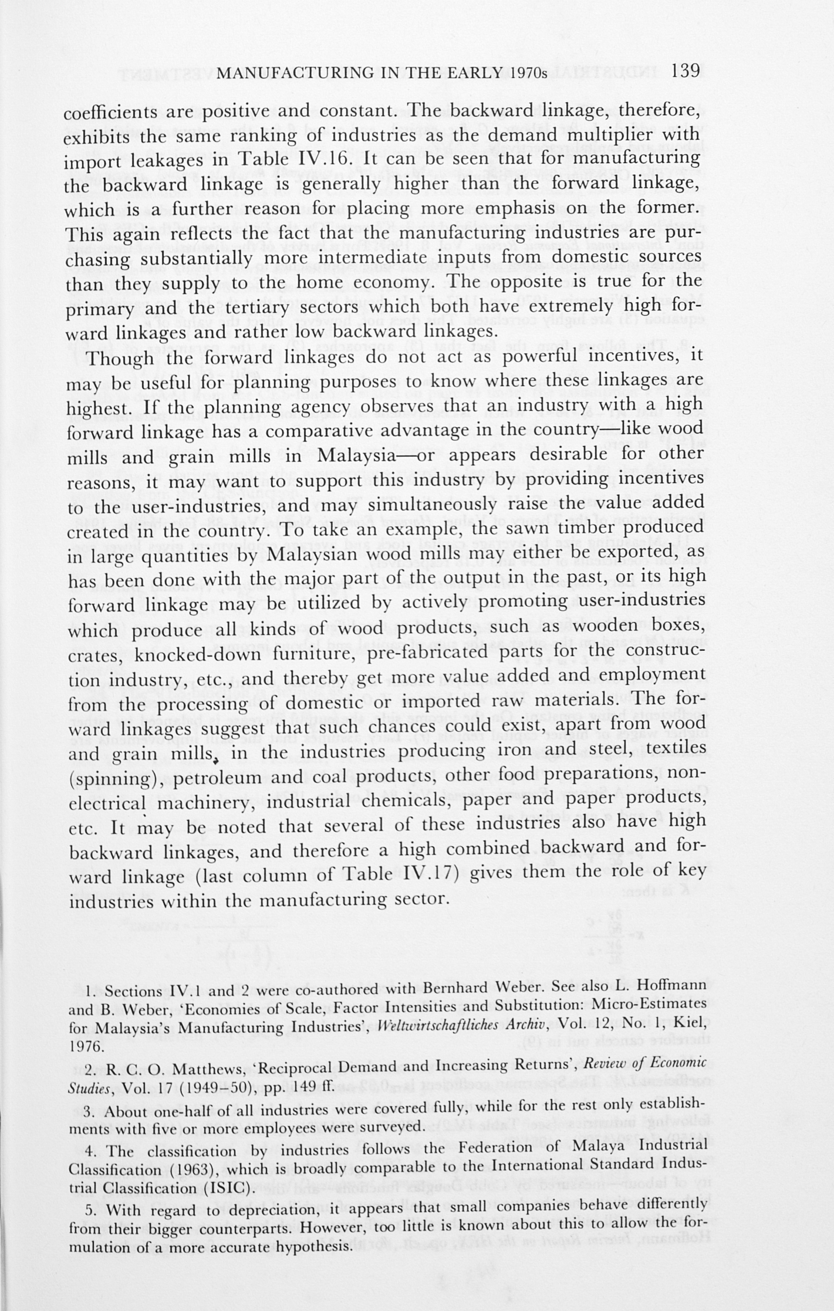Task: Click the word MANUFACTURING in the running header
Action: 285,73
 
